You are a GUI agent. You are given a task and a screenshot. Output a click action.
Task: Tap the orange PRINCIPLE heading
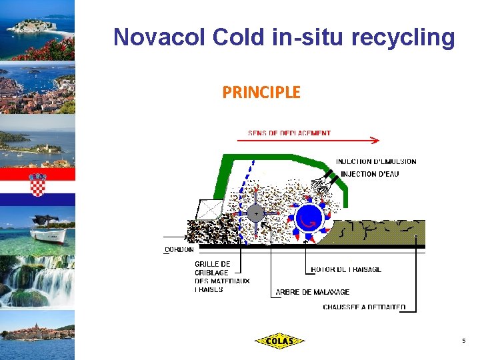(261, 92)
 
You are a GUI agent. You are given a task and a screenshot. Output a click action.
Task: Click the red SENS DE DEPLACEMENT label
(289, 133)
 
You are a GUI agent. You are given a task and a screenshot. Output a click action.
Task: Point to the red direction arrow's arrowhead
(376, 141)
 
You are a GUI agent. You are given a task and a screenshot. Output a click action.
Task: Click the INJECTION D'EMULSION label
(376, 161)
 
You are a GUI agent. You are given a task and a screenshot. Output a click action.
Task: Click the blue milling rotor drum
(309, 218)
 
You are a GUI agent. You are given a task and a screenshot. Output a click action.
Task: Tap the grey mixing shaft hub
(255, 213)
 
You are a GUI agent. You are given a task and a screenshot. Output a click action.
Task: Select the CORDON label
(179, 250)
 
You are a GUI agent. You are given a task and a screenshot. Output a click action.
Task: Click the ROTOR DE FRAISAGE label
(346, 269)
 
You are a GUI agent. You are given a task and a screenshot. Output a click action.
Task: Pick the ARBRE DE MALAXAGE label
(313, 292)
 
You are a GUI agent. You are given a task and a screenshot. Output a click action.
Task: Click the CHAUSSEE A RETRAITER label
(364, 307)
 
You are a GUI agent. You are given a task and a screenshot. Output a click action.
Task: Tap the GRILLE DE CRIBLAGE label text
(213, 268)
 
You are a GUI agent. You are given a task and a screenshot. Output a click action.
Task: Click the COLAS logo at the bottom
(279, 341)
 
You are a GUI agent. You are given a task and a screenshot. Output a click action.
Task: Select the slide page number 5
(463, 341)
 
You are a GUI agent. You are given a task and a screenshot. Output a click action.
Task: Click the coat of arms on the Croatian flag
(38, 184)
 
